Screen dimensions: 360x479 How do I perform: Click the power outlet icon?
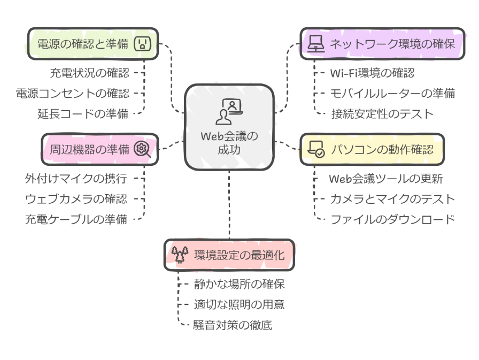(x=142, y=43)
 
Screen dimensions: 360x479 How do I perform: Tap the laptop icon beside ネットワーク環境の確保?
(x=316, y=43)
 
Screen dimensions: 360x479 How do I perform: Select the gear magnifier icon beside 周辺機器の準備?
(x=142, y=149)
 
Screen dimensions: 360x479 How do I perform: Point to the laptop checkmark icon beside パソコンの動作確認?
(x=316, y=149)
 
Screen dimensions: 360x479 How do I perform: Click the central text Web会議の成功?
(x=229, y=143)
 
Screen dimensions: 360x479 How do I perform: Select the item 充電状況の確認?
(x=90, y=72)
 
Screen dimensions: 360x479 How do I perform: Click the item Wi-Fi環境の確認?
(x=372, y=73)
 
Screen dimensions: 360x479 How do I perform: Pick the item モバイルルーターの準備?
(x=392, y=93)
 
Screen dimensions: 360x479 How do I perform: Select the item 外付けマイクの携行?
(x=77, y=178)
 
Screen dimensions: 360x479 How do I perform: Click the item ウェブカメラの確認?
(x=76, y=198)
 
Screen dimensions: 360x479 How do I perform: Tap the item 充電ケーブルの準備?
(x=76, y=218)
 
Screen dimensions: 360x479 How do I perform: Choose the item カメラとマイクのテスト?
(x=392, y=199)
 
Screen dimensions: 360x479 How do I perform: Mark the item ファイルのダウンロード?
(x=392, y=218)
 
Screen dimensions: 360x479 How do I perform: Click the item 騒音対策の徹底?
(x=233, y=325)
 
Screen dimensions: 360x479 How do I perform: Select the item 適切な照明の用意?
(x=238, y=304)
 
